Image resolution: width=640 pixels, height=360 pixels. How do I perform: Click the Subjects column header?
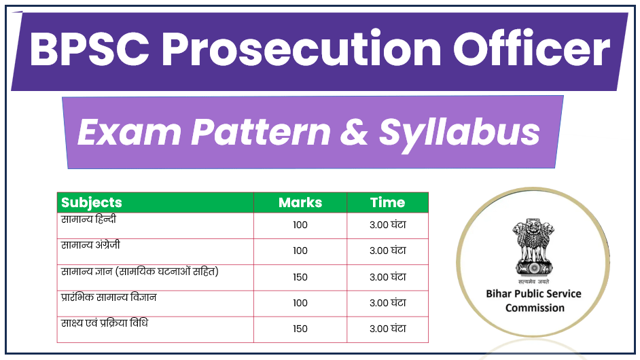pyautogui.click(x=92, y=202)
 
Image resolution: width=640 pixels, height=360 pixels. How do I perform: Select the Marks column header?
pyautogui.click(x=300, y=202)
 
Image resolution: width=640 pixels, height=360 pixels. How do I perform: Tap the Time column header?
pyautogui.click(x=387, y=202)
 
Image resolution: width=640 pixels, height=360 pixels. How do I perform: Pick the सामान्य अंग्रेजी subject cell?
pyautogui.click(x=91, y=245)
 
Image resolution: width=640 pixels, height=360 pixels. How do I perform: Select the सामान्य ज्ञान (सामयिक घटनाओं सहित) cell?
pyautogui.click(x=139, y=272)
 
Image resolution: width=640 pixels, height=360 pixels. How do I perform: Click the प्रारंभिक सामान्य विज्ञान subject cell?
pyautogui.click(x=109, y=298)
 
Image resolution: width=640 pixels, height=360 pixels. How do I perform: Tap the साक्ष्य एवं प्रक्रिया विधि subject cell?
pyautogui.click(x=105, y=323)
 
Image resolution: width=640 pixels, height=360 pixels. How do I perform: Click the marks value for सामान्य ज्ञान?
pyautogui.click(x=300, y=277)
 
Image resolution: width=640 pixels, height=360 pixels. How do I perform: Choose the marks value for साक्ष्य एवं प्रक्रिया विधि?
pyautogui.click(x=300, y=329)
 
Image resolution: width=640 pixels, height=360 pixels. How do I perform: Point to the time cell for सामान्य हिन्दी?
pyautogui.click(x=388, y=225)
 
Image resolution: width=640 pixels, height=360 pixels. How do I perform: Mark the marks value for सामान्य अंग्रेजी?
pyautogui.click(x=300, y=251)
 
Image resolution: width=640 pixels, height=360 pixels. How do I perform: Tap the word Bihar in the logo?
pyautogui.click(x=501, y=294)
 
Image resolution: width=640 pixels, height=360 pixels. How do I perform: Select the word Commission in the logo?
pyautogui.click(x=535, y=308)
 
